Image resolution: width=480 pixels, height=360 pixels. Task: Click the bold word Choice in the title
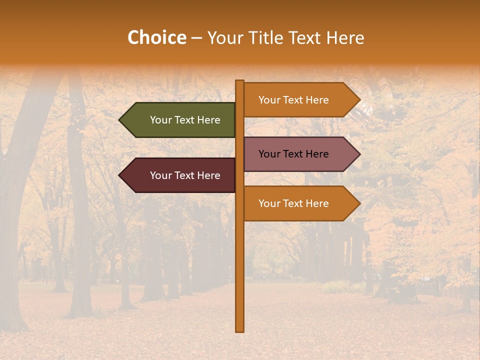click(156, 38)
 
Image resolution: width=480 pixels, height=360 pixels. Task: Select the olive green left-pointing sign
click(180, 120)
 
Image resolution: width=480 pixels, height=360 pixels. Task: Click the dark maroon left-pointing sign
click(180, 175)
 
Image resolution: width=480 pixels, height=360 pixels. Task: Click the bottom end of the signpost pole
click(240, 330)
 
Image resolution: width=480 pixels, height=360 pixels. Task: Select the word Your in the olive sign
click(160, 120)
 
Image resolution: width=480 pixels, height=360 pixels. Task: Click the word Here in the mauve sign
click(316, 154)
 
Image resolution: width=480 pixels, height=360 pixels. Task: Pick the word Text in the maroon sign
click(185, 175)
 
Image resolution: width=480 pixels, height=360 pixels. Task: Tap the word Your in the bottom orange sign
click(269, 203)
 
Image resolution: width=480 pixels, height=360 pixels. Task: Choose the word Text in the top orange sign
click(293, 100)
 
